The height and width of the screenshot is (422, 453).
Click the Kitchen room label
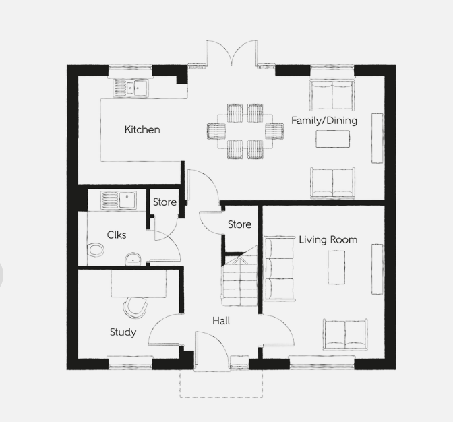pos(142,129)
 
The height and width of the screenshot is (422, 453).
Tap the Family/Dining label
pos(324,121)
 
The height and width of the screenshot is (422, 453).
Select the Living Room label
pos(328,239)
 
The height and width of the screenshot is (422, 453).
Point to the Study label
pos(123,332)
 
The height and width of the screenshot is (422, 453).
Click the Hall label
pos(221,321)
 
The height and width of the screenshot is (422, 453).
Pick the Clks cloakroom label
pos(117,235)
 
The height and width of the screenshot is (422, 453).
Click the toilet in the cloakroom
pos(95,250)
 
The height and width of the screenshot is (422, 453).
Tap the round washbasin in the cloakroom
pos(133,259)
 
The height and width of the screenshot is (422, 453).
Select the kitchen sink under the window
pos(131,88)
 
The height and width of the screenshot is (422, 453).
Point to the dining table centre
pos(245,131)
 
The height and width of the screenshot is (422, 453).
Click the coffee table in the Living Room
pos(336,268)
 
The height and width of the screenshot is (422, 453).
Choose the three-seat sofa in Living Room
pos(279,268)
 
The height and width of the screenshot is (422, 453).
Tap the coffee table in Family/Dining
pos(333,139)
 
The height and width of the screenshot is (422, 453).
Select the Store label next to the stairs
pos(239,224)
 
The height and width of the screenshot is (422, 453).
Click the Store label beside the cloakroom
pos(164,202)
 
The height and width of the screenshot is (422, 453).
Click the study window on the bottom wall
pos(130,363)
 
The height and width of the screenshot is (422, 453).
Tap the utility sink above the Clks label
pos(119,200)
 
